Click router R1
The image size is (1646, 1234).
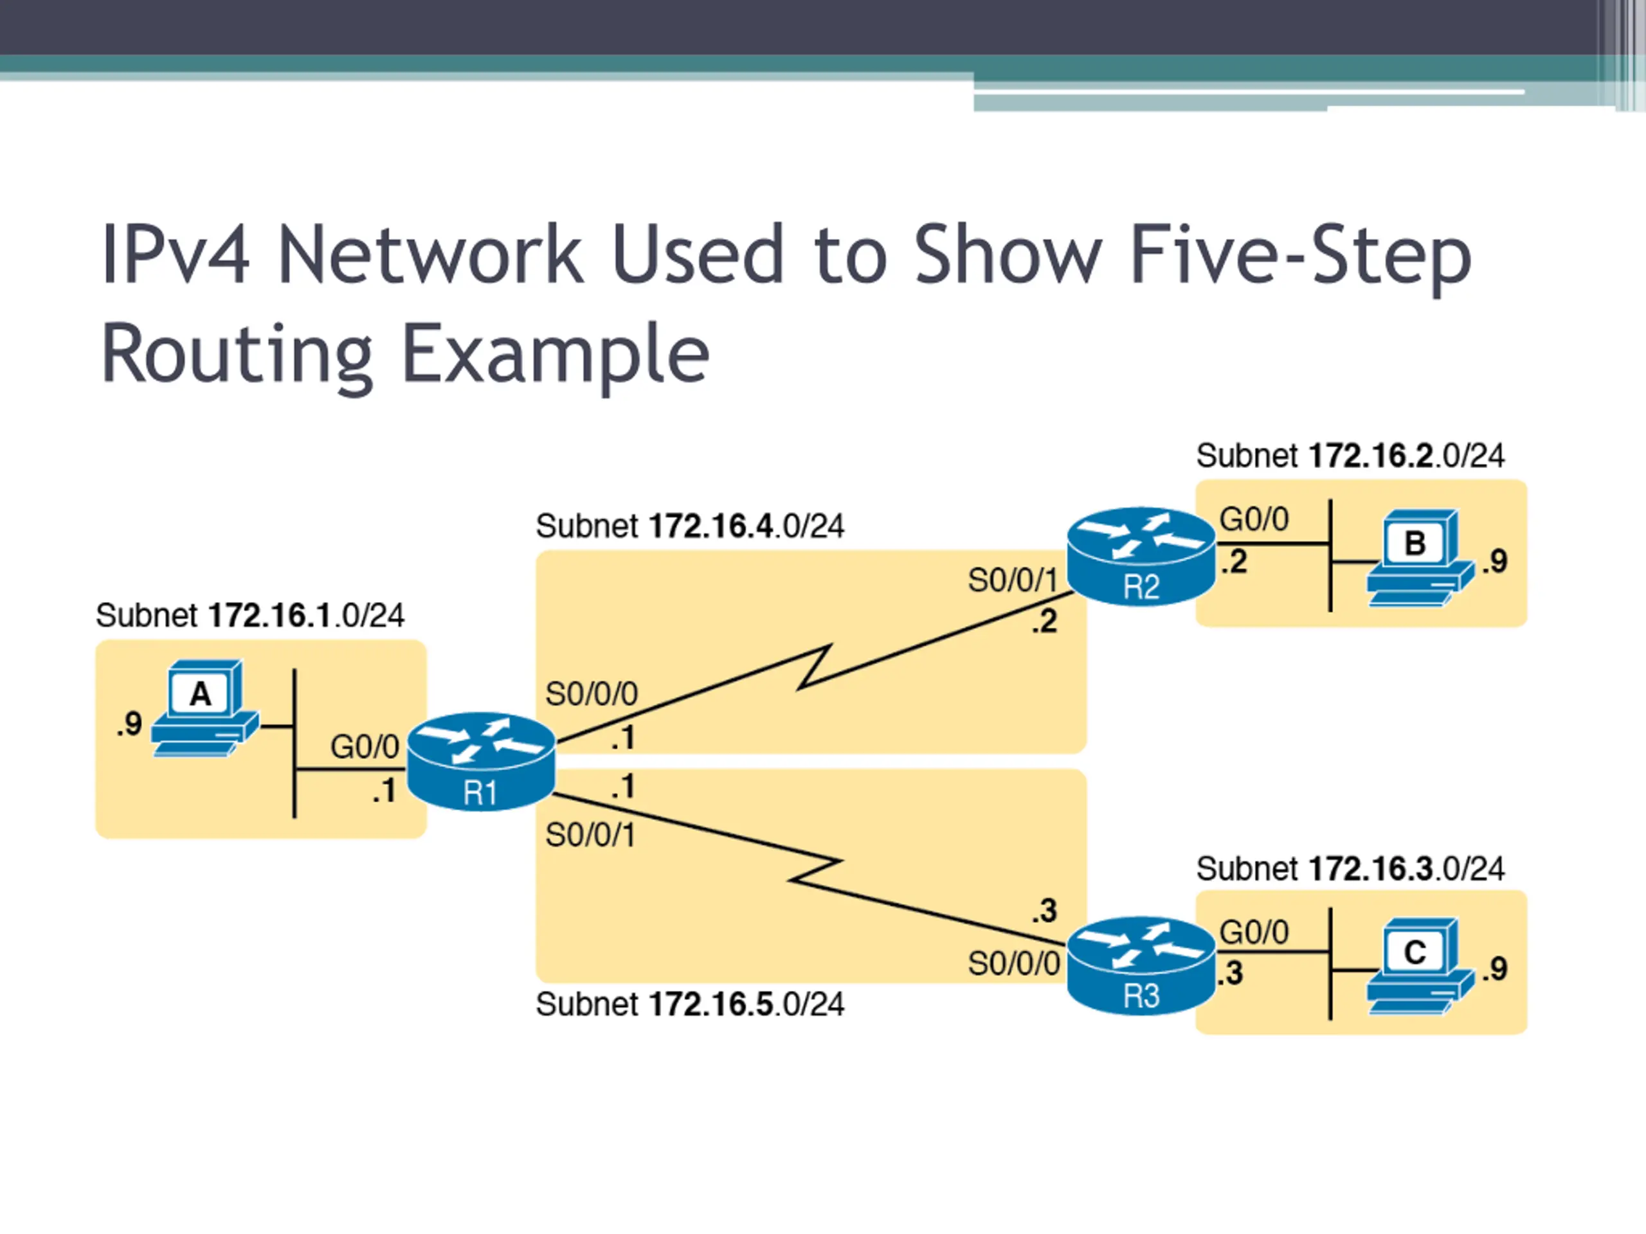pos(481,761)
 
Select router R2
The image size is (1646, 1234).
pos(1141,557)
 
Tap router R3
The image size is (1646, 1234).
pos(1141,965)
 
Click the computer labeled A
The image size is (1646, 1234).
pos(204,708)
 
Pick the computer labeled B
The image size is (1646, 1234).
pos(1420,558)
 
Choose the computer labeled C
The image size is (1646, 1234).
pos(1420,966)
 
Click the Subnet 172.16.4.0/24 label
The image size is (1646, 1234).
pos(690,526)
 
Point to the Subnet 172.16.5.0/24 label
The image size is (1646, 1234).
pos(690,1004)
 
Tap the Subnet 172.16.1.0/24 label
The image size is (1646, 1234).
pos(250,615)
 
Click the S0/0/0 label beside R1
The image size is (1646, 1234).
pos(592,694)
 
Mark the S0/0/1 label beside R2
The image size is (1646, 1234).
pos(1013,580)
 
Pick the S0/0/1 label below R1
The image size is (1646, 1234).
pos(591,836)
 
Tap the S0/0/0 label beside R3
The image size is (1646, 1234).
pos(1013,964)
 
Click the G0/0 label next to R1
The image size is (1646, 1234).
pos(365,747)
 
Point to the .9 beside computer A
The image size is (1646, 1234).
pos(129,724)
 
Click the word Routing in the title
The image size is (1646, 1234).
pos(237,355)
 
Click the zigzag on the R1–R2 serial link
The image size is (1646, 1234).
pos(815,667)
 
